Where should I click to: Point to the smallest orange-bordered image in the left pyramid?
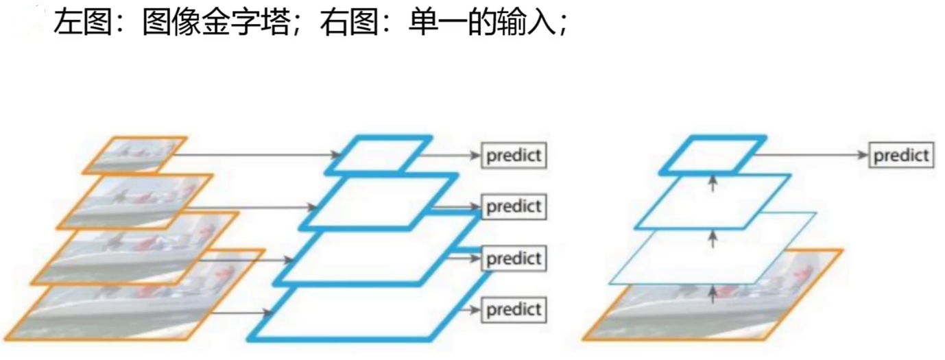(x=134, y=154)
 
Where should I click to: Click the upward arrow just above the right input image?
(x=713, y=293)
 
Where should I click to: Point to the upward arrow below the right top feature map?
(x=713, y=183)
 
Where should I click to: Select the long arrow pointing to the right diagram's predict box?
(x=809, y=155)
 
